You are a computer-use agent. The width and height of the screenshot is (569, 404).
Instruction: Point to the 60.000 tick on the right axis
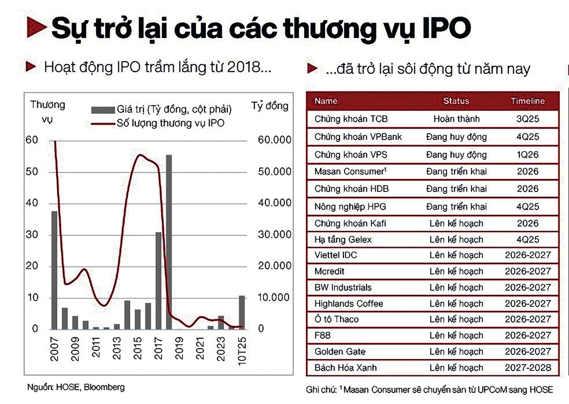274,140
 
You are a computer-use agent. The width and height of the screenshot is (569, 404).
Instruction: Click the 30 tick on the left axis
32,235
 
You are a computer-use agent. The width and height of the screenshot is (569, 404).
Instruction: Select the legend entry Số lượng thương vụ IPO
170,123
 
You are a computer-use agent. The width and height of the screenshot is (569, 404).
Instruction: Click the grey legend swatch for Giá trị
103,110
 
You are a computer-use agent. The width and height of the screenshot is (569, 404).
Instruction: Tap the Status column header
456,101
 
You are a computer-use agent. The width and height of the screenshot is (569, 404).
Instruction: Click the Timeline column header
528,101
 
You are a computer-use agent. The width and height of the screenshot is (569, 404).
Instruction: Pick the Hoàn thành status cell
456,119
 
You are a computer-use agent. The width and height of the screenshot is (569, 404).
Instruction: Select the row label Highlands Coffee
349,304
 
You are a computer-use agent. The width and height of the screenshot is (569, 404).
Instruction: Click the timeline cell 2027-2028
528,368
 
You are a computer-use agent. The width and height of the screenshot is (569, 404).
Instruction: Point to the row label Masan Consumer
350,172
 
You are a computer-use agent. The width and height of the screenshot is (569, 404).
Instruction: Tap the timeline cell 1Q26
528,154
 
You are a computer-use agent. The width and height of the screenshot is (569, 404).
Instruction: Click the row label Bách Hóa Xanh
346,368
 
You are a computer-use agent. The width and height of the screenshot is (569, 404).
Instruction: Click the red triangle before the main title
36,27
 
